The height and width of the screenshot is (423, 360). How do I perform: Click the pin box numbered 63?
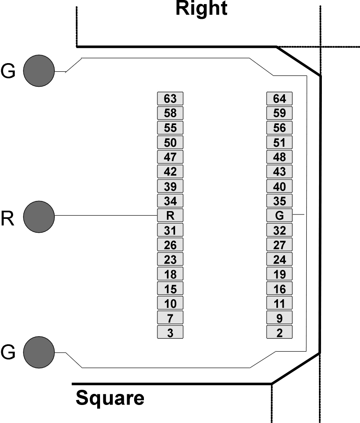point(170,98)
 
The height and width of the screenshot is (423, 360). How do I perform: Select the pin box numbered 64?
point(279,98)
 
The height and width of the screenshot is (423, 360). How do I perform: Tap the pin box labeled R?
point(170,215)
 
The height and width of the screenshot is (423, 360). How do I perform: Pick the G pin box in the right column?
point(279,215)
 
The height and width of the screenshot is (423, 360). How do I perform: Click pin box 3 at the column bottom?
point(170,332)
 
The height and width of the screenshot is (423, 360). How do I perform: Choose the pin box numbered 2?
point(279,332)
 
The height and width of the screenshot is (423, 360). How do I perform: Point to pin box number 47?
point(170,157)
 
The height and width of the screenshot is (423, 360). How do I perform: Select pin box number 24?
point(279,259)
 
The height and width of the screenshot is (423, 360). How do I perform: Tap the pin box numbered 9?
point(279,318)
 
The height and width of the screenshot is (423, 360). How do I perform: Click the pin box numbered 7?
point(170,318)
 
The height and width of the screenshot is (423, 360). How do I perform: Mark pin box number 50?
point(170,142)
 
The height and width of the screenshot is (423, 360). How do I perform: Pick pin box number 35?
point(279,201)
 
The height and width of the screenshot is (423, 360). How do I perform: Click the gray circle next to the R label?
point(39,217)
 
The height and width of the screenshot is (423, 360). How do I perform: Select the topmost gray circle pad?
point(39,71)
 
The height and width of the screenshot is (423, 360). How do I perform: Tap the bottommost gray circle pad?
point(39,352)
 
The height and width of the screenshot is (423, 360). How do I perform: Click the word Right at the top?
point(201,9)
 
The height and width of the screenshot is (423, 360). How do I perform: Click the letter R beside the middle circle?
point(7,218)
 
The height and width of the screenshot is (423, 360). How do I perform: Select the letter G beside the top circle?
point(8,71)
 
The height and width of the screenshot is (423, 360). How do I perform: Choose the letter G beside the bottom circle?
point(8,352)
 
